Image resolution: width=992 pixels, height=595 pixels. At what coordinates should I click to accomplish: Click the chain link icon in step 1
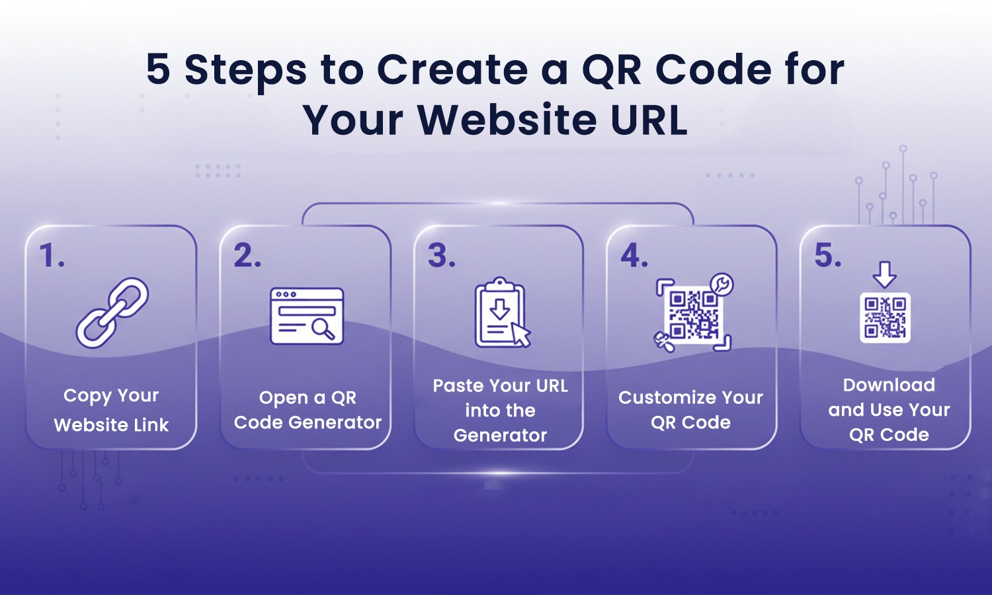pyautogui.click(x=112, y=312)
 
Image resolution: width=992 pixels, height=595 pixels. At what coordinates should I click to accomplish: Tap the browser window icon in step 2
pyautogui.click(x=307, y=316)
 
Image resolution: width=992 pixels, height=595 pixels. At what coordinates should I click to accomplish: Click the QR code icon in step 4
pyautogui.click(x=693, y=315)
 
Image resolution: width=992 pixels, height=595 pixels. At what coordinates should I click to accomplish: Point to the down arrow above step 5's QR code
pyautogui.click(x=884, y=274)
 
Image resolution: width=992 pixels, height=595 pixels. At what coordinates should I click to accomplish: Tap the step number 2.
pyautogui.click(x=247, y=256)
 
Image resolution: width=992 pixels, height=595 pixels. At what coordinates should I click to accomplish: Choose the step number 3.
pyautogui.click(x=441, y=256)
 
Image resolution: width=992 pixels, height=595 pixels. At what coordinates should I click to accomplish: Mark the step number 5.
pyautogui.click(x=828, y=256)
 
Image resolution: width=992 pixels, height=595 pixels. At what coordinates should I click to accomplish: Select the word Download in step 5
pyautogui.click(x=889, y=385)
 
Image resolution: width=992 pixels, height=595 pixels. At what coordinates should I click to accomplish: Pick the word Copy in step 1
pyautogui.click(x=87, y=396)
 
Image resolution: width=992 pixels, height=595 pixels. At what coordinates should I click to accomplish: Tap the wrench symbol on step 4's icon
pyautogui.click(x=722, y=284)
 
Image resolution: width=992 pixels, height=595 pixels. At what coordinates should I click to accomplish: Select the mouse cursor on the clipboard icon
pyautogui.click(x=521, y=335)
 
